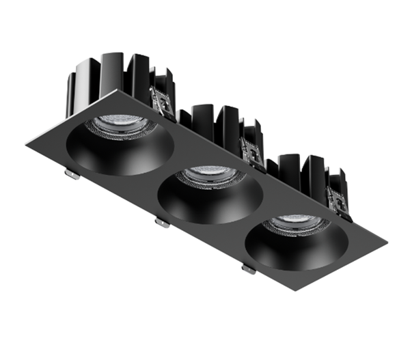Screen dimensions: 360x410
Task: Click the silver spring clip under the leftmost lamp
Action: click(x=72, y=174)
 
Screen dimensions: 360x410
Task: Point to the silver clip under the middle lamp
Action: click(x=162, y=222)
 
